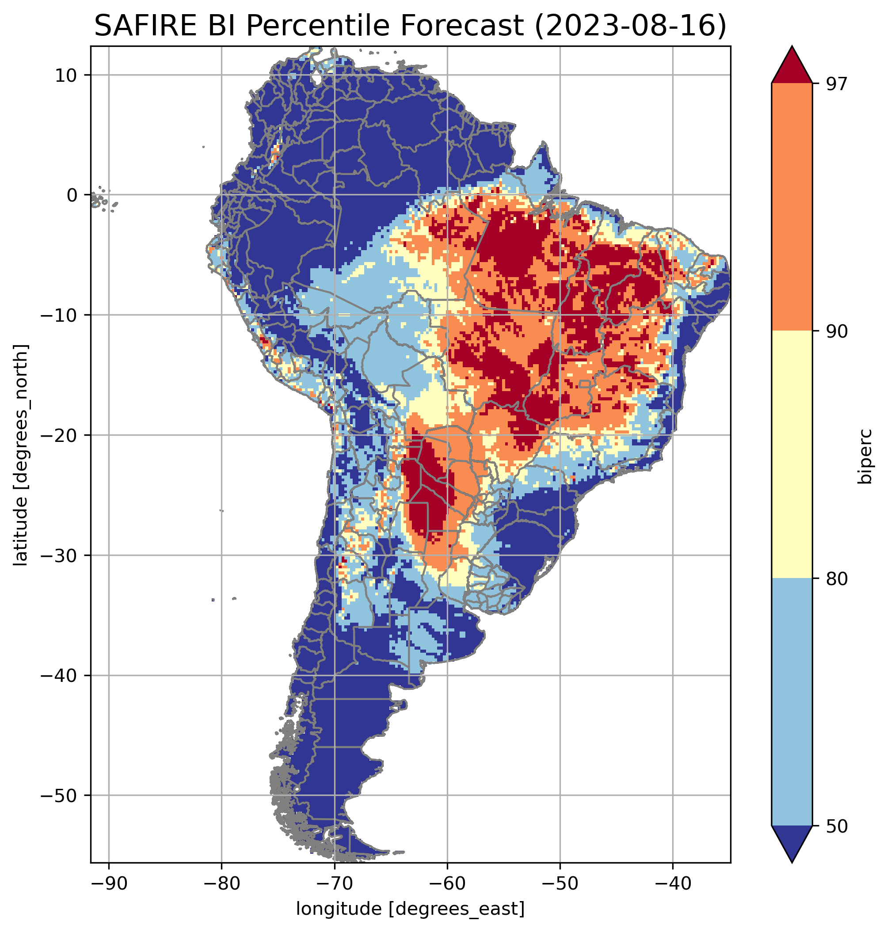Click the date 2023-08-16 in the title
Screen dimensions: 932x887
tap(629, 26)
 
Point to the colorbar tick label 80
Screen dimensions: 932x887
tap(837, 580)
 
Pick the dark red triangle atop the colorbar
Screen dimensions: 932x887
tap(792, 67)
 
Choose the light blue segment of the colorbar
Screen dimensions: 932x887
tap(792, 702)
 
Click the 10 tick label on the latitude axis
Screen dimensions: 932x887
tap(66, 76)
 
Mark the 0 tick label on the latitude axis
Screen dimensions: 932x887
tap(72, 195)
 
